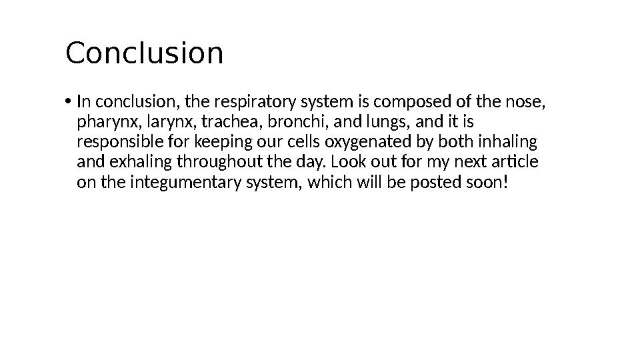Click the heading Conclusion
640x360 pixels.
144,53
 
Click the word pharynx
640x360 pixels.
103,123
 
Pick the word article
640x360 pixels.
515,163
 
